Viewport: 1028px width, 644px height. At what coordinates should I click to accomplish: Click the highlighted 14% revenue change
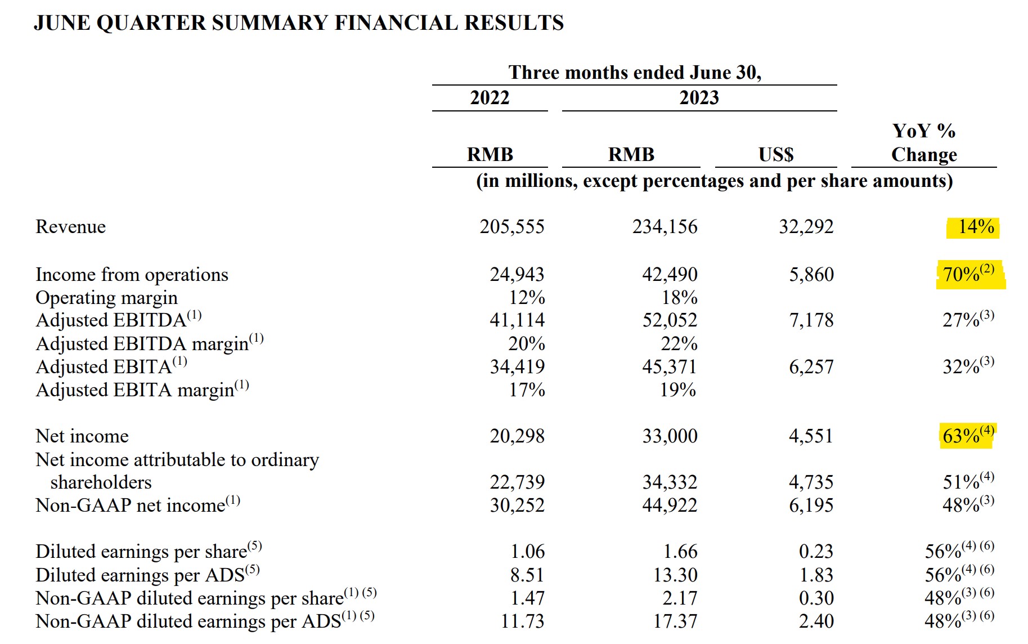tap(976, 227)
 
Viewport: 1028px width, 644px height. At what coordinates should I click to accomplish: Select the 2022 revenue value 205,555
tap(512, 227)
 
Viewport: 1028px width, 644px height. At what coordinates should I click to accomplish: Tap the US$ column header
tap(776, 154)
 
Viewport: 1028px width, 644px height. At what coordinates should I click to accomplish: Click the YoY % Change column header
tap(924, 143)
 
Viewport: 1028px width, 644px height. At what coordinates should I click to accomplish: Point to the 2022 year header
tap(490, 97)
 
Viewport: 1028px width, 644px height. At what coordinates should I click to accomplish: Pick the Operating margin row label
tap(106, 298)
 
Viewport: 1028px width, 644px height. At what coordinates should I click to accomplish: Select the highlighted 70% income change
tap(969, 274)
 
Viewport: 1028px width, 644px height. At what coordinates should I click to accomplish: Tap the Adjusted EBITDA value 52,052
tap(670, 320)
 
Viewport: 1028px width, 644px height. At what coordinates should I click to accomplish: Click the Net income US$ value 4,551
tap(811, 436)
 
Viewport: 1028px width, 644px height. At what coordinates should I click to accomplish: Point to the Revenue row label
tap(70, 227)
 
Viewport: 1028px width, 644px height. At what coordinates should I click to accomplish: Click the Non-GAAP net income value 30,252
tap(517, 506)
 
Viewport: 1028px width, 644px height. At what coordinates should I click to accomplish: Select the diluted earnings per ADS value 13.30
tap(675, 575)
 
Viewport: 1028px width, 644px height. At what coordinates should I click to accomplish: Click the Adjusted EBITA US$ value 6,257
tap(811, 367)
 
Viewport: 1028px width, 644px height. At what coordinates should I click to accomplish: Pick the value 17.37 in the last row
tap(675, 621)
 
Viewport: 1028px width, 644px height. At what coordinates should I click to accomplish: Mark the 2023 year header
tap(699, 97)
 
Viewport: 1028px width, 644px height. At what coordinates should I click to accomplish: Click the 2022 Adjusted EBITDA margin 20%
tap(527, 343)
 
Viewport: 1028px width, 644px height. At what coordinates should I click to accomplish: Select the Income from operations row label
tap(132, 275)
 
